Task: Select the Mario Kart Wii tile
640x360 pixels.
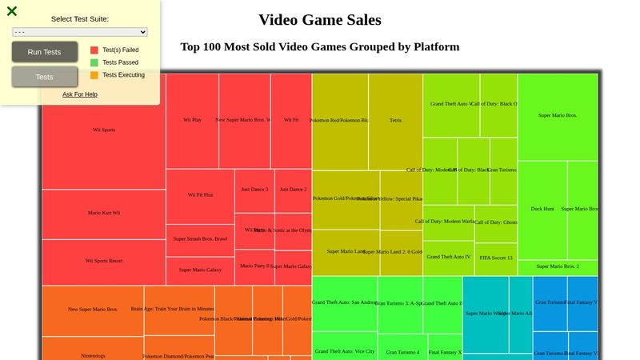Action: pyautogui.click(x=103, y=214)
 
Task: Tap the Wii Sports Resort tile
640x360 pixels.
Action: pyautogui.click(x=103, y=262)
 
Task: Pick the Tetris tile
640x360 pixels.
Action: pyautogui.click(x=395, y=121)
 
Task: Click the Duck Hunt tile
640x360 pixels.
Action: pyautogui.click(x=542, y=209)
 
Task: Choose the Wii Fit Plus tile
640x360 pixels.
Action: pyautogui.click(x=200, y=195)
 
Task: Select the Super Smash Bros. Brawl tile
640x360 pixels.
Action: pyautogui.click(x=200, y=239)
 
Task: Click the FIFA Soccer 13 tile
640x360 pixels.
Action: pyautogui.click(x=495, y=258)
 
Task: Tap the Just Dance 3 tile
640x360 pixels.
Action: pyautogui.click(x=254, y=190)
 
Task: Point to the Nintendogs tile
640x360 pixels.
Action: pyautogui.click(x=92, y=350)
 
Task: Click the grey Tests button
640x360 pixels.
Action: pyautogui.click(x=45, y=77)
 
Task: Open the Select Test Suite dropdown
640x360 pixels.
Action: pyautogui.click(x=80, y=32)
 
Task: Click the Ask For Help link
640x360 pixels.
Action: pyautogui.click(x=80, y=94)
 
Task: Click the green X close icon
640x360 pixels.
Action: pyautogui.click(x=12, y=11)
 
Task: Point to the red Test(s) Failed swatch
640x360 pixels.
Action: pyautogui.click(x=94, y=50)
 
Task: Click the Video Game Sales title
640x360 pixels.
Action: pyautogui.click(x=320, y=20)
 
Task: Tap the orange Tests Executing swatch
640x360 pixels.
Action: pyautogui.click(x=94, y=75)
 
